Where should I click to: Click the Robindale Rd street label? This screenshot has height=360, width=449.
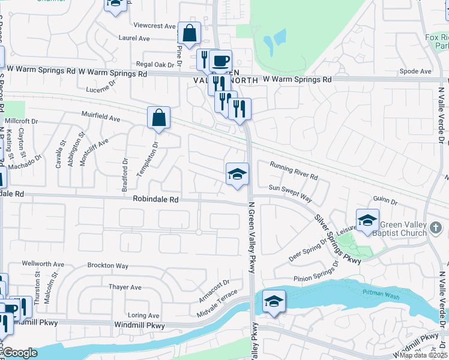pos(156,199)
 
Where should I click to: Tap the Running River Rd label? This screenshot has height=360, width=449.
pos(294,171)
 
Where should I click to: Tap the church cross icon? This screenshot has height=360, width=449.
pos(436,228)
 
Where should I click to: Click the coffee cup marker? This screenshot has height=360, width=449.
pos(220,61)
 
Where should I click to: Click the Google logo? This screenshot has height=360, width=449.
pos(19,353)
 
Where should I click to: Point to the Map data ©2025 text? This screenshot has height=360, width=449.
pos(424,355)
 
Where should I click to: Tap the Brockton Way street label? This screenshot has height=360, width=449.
pos(108,265)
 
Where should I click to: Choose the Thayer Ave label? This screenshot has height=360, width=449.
pos(125,287)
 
